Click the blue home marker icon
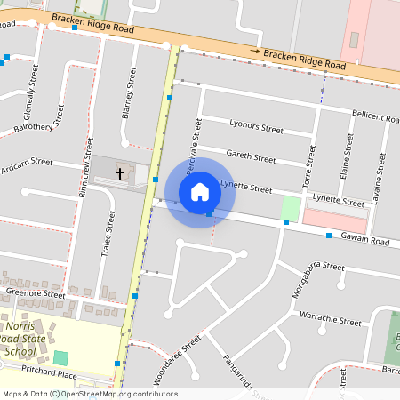point(200,191)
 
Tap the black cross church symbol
point(120,172)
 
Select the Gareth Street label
point(251,156)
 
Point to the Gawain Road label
point(367,241)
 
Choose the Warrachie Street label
point(329,319)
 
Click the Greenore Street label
point(36,293)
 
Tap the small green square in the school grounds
point(60,357)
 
